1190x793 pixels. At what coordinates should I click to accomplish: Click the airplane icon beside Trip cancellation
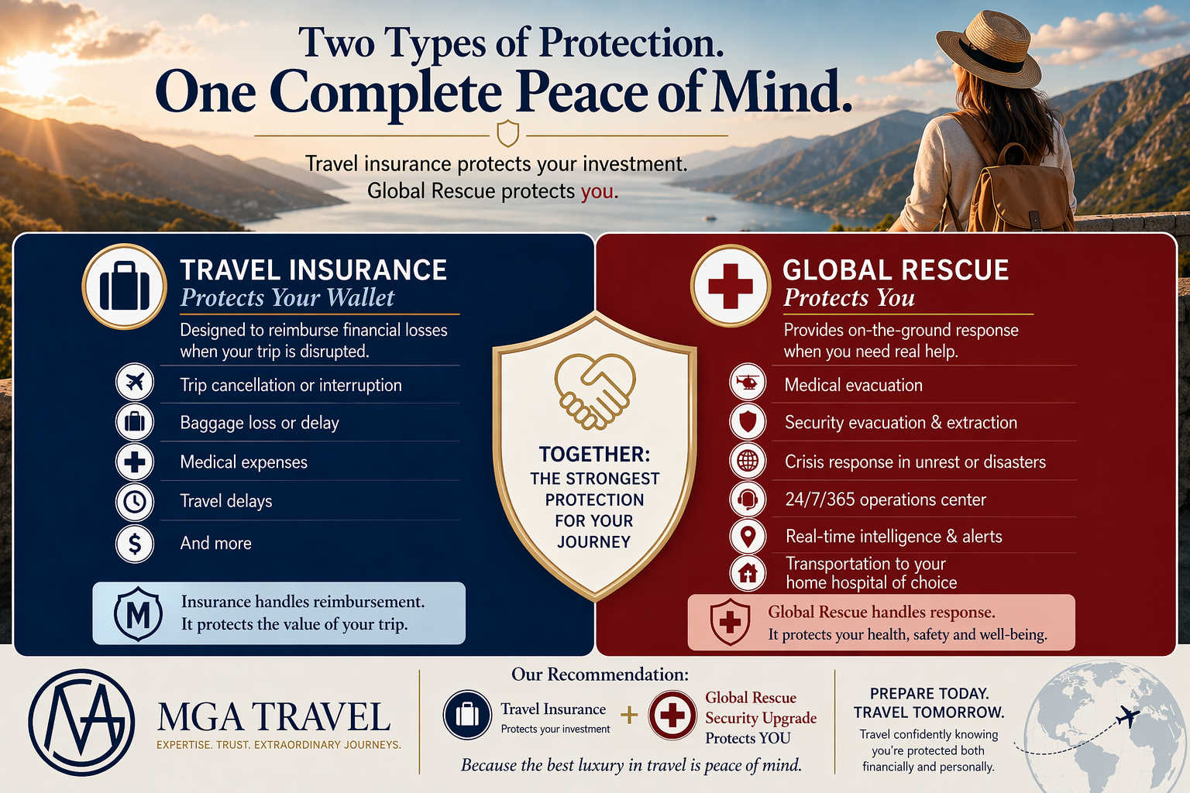pyautogui.click(x=135, y=382)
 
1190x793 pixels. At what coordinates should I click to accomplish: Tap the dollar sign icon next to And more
pyautogui.click(x=135, y=544)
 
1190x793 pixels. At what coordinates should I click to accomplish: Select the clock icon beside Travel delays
pyautogui.click(x=135, y=501)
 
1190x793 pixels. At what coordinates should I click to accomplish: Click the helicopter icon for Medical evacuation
pyautogui.click(x=748, y=382)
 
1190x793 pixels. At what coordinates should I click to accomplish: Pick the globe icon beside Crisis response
pyautogui.click(x=748, y=461)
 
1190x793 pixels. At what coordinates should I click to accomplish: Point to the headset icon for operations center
pyautogui.click(x=748, y=499)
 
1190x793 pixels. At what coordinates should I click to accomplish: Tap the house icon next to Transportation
pyautogui.click(x=748, y=573)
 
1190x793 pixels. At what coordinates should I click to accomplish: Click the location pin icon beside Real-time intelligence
pyautogui.click(x=748, y=537)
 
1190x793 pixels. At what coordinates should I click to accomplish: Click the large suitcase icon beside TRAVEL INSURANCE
pyautogui.click(x=124, y=287)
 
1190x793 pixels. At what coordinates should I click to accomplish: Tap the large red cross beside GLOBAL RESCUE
pyautogui.click(x=731, y=286)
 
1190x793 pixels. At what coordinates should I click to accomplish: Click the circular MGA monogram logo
pyautogui.click(x=81, y=723)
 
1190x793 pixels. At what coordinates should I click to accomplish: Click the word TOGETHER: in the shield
pyautogui.click(x=594, y=455)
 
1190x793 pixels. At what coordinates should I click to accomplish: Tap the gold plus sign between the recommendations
pyautogui.click(x=629, y=715)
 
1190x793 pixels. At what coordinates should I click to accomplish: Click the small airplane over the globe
pyautogui.click(x=1127, y=717)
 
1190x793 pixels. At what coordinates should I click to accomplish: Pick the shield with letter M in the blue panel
pyautogui.click(x=138, y=614)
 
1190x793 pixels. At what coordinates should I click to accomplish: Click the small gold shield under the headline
pyautogui.click(x=507, y=132)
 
